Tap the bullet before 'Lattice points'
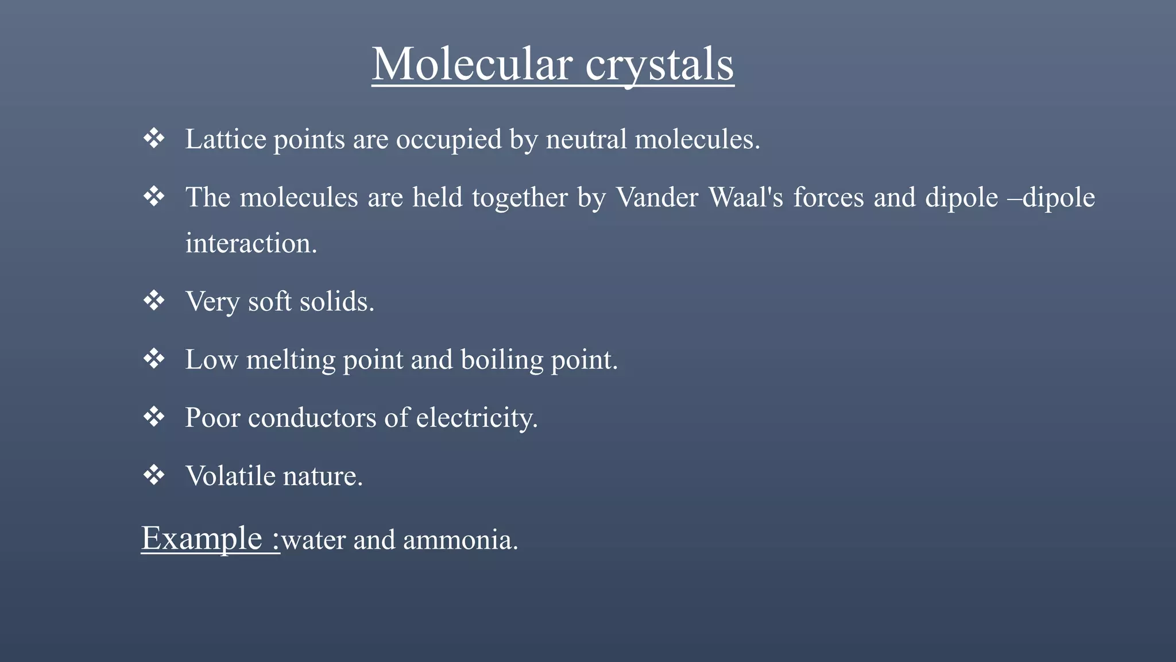[x=154, y=138]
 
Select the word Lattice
[x=225, y=139]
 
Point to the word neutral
[x=586, y=139]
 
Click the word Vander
[x=657, y=197]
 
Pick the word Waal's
[x=746, y=197]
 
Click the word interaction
[x=250, y=243]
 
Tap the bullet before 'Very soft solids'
[x=154, y=301]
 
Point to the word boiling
[x=501, y=360]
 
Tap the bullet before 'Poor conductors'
[x=154, y=417]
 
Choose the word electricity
[x=476, y=418]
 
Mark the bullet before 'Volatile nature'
[x=154, y=475]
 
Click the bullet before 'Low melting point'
[x=154, y=359]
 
